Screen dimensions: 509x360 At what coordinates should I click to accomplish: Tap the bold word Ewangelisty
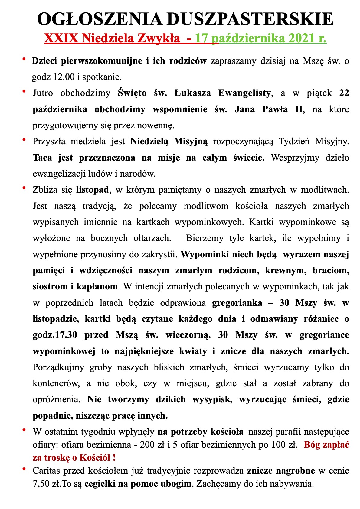tap(244, 93)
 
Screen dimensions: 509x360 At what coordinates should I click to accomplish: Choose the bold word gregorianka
tap(237, 303)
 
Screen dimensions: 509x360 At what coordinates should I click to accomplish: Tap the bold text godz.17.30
tap(55, 335)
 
